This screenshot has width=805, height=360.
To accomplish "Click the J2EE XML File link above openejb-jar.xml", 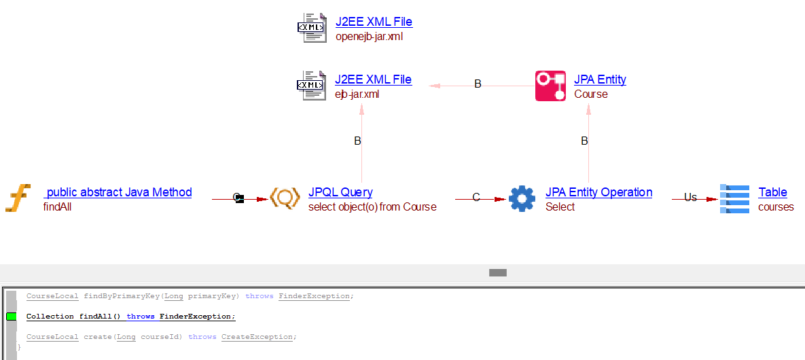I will (374, 22).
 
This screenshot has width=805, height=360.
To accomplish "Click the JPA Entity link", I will (600, 79).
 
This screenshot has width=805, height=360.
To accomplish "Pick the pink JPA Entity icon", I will (550, 86).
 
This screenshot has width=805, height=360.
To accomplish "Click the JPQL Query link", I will (340, 192).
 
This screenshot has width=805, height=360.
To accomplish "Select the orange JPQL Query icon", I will (285, 198).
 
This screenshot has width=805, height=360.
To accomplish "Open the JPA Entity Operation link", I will (598, 192).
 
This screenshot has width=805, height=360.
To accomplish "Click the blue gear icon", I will (522, 198).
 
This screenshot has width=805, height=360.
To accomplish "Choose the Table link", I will (772, 192).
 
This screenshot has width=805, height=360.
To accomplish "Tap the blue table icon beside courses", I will (734, 198).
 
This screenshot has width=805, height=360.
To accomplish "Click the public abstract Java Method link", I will (118, 192).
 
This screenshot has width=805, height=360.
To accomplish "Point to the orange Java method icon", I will (18, 198).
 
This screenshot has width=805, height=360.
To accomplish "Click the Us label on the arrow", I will (690, 198).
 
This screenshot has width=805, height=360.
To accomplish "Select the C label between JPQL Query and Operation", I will (476, 198).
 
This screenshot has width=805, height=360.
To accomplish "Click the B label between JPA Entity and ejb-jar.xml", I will (478, 84).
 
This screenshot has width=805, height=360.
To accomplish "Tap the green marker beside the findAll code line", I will (11, 317).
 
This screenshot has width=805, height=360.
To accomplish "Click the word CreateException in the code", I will (258, 337).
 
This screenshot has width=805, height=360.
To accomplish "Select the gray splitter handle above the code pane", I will (498, 272).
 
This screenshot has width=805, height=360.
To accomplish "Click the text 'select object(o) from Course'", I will (372, 207).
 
